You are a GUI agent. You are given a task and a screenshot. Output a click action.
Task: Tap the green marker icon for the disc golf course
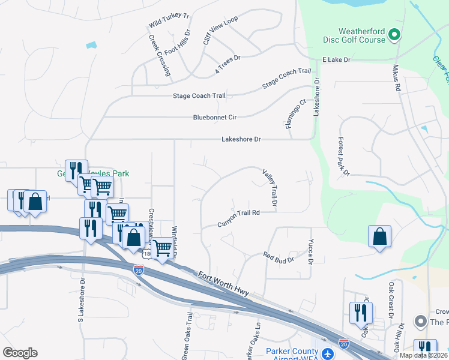[394, 35]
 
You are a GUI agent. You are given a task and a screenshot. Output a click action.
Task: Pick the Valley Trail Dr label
[270, 188]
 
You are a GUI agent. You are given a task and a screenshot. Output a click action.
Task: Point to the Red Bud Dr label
[279, 258]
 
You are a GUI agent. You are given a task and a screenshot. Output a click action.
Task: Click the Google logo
[20, 352]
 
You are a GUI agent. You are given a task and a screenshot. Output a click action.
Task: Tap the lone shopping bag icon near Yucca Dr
[380, 236]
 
